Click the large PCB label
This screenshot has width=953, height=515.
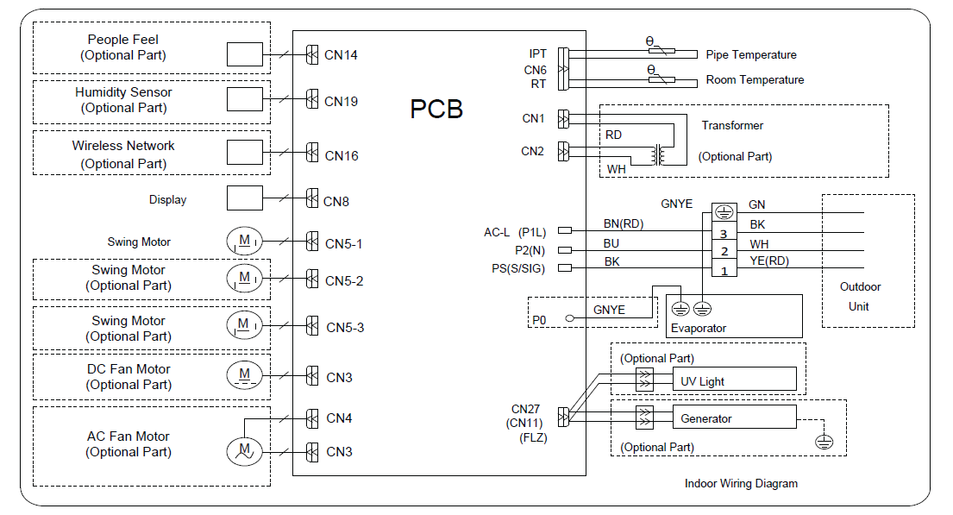click(x=436, y=110)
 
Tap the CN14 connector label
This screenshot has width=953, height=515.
click(x=341, y=56)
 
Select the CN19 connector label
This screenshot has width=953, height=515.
click(x=341, y=101)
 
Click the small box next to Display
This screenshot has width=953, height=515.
click(x=245, y=198)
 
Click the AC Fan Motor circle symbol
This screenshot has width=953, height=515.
click(x=245, y=449)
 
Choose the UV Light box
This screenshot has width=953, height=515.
click(x=734, y=380)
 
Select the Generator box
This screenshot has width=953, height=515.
click(x=734, y=418)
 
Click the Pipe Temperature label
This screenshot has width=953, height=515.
click(x=750, y=54)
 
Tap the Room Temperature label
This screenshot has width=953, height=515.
click(x=755, y=79)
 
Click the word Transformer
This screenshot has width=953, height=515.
click(x=732, y=125)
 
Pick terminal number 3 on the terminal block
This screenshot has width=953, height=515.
click(x=724, y=233)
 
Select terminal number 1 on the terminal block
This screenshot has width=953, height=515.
click(x=724, y=270)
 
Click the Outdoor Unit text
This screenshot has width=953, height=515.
click(x=860, y=296)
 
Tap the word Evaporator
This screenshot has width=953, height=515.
click(x=699, y=328)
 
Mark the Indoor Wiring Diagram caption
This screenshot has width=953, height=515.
click(x=741, y=484)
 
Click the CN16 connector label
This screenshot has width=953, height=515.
click(x=341, y=156)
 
